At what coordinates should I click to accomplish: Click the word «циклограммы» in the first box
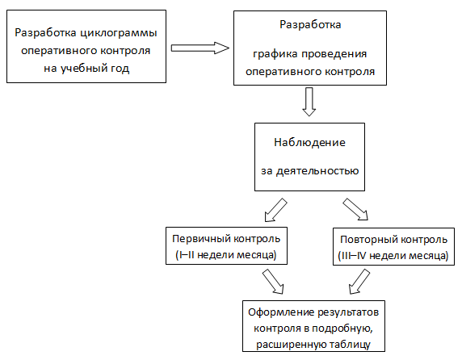click(x=119, y=33)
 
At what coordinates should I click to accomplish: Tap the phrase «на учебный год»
click(x=86, y=69)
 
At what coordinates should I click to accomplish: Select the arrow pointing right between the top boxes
click(x=200, y=48)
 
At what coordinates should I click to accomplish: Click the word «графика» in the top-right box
click(x=275, y=54)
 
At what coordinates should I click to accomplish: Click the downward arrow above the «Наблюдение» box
click(x=309, y=102)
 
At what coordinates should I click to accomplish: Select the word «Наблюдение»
click(x=309, y=143)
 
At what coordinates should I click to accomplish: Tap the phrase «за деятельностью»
click(x=309, y=171)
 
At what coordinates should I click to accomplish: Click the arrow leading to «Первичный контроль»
click(x=275, y=210)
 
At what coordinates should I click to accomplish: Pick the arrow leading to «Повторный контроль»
click(x=355, y=209)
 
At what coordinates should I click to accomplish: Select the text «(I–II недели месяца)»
click(x=226, y=255)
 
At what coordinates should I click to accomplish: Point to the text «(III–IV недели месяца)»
click(x=393, y=256)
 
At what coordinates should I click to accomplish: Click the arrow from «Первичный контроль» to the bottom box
click(x=273, y=282)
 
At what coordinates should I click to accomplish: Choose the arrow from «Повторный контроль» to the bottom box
click(x=359, y=282)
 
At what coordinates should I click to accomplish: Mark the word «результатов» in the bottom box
click(x=346, y=312)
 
